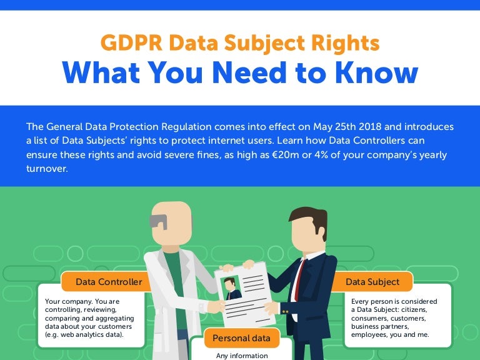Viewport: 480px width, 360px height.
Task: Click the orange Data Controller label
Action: point(108,282)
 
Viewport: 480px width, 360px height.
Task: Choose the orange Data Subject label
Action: point(372,282)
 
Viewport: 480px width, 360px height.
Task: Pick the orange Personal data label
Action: point(241,338)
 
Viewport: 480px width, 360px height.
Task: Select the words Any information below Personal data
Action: point(241,356)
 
